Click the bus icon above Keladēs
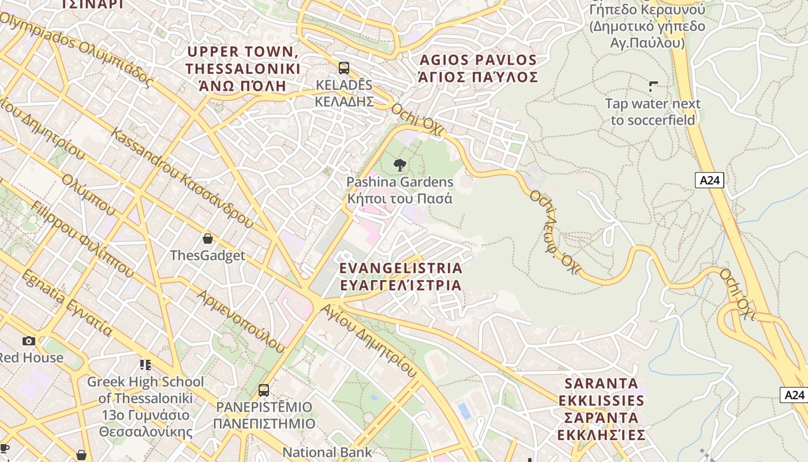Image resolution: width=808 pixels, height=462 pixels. click(344, 68)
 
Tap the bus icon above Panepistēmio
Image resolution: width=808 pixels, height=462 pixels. click(264, 390)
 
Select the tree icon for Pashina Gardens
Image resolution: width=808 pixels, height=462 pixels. click(399, 166)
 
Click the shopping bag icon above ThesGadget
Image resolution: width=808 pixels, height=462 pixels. click(208, 239)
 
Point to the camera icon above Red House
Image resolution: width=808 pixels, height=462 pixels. click(28, 341)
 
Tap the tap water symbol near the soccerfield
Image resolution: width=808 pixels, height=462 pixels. click(653, 87)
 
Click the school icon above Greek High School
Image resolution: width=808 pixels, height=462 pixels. click(145, 365)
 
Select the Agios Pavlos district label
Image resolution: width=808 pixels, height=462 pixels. click(478, 68)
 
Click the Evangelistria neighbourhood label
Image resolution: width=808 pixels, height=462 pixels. click(401, 277)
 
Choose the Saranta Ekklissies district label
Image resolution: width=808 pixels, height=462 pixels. click(601, 409)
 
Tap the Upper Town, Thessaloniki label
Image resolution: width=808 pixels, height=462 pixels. click(242, 69)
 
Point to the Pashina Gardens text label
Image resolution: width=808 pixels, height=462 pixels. click(399, 190)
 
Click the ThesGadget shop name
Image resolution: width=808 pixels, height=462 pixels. click(207, 255)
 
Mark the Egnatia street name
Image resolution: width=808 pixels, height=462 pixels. click(66, 303)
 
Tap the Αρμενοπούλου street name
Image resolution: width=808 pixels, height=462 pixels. click(241, 321)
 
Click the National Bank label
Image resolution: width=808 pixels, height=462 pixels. click(327, 452)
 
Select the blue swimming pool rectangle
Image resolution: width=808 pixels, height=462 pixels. click(464, 411)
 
